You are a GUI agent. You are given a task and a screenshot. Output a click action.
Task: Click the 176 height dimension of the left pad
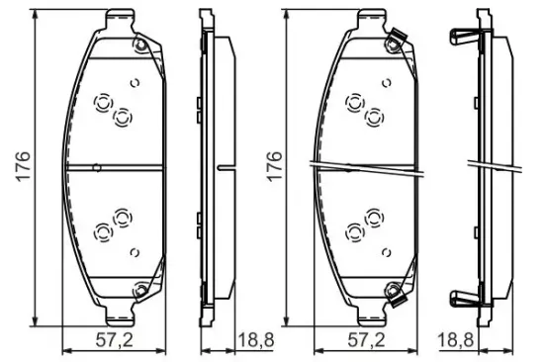point(24,166)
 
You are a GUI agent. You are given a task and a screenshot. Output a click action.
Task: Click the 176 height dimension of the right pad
point(274,166)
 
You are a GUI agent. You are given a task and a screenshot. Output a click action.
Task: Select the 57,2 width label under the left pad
point(115,340)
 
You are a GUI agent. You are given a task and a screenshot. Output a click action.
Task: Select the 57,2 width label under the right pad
point(366,340)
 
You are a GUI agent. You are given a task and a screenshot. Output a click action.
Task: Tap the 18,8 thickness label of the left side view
point(256,340)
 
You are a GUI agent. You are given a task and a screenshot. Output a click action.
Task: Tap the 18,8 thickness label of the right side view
point(456,340)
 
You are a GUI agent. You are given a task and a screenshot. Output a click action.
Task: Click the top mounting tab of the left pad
point(120,20)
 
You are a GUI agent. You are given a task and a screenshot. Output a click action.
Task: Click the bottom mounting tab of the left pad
point(120,316)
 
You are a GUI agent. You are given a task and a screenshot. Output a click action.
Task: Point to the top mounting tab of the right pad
point(372,20)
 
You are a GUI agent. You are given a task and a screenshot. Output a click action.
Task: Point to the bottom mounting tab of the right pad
point(372,316)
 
